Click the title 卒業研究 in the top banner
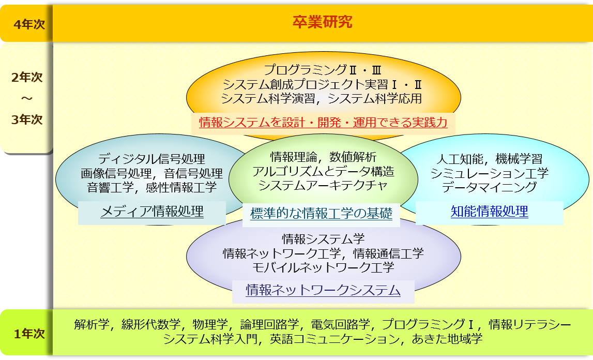coord(322,22)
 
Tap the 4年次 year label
coord(29,24)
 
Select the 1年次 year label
coord(29,334)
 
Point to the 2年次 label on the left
coord(27,77)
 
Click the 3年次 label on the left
coord(27,119)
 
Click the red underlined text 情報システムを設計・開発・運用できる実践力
coord(323,122)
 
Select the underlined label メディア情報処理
coord(152,211)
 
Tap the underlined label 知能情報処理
coord(490,211)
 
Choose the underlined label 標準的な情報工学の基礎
coord(321,213)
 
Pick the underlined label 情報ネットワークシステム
coord(323,290)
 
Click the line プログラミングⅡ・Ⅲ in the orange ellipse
coord(323,70)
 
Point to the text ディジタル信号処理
coord(151,159)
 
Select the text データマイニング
coord(490,187)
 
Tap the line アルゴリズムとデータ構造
coord(323,171)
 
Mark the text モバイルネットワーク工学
coord(323,267)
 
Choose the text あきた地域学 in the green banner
coord(447,338)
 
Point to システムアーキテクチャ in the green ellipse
coord(323,185)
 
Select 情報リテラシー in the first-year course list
coord(530,324)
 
